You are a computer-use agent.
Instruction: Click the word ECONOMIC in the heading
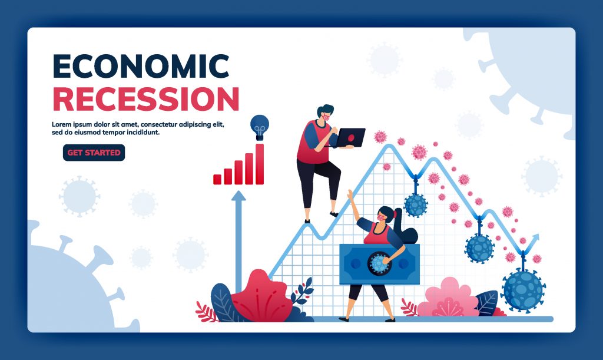pos(141,66)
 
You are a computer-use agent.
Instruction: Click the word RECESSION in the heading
pos(146,99)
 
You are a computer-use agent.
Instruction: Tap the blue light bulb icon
pos(260,127)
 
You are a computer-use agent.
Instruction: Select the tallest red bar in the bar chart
pos(260,164)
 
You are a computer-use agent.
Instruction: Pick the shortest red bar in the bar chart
pos(217,179)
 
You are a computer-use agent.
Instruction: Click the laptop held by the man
pos(350,138)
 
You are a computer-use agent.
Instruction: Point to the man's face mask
pos(326,117)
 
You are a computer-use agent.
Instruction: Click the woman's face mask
pos(381,217)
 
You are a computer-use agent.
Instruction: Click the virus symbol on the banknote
pos(379,263)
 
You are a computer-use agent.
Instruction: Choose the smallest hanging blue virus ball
pos(416,205)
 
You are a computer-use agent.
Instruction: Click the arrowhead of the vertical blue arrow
pos(238,196)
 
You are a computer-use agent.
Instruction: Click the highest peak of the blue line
pos(390,146)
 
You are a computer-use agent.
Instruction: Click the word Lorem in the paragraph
pos(61,125)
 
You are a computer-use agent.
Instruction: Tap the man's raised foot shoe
pos(334,214)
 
